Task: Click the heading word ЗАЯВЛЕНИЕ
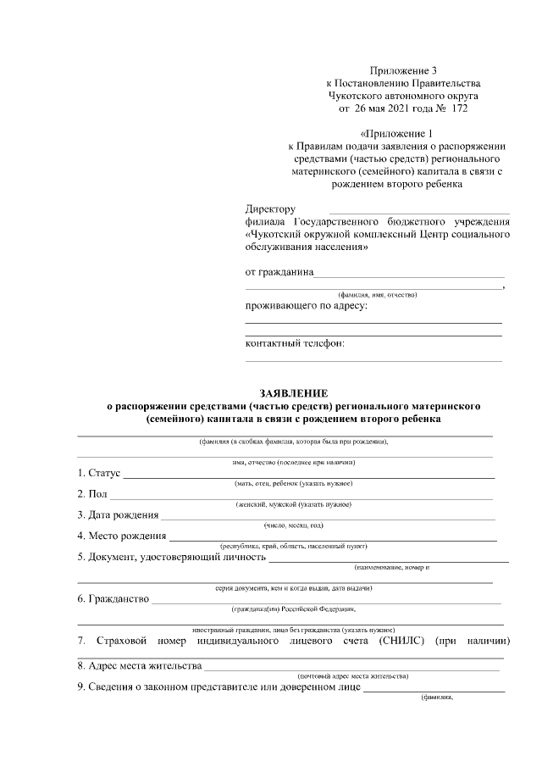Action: click(x=292, y=392)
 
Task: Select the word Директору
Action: click(x=270, y=208)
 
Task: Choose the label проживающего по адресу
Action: click(x=307, y=305)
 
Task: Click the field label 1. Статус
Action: click(x=100, y=473)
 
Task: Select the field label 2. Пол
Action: click(x=92, y=494)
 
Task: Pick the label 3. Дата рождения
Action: click(x=118, y=514)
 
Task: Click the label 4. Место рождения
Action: click(x=123, y=536)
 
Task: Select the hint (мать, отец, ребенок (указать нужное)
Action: click(x=293, y=483)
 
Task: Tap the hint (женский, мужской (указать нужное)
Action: click(x=293, y=504)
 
